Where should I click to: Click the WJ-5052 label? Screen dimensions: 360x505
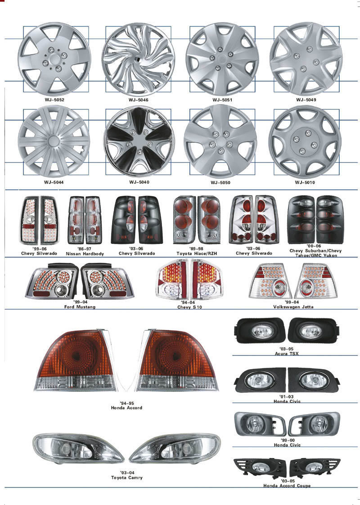coord(54,100)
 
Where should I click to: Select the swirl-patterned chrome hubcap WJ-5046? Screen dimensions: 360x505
coord(138,59)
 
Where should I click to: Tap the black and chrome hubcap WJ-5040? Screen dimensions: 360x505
coord(139,141)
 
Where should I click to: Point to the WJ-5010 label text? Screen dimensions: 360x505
coord(305,182)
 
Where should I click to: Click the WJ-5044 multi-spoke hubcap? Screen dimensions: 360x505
coord(54,141)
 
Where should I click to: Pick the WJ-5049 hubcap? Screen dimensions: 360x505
coord(306,59)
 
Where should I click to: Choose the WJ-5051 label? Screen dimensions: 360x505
coord(222,100)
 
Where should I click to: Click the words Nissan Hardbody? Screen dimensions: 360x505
coord(85,254)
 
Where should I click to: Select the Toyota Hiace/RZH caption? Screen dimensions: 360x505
coord(197,253)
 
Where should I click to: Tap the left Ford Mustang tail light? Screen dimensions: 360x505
coord(52,281)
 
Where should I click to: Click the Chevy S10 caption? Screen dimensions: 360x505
coord(189,307)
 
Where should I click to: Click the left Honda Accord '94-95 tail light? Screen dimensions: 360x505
coord(75,361)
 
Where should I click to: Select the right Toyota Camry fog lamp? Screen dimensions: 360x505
coord(175,448)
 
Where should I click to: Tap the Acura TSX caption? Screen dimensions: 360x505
coord(287,354)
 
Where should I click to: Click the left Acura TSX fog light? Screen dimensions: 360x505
coord(260,331)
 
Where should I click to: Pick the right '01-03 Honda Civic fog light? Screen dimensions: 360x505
coord(314,380)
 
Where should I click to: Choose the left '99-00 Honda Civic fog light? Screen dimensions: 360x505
coord(260,424)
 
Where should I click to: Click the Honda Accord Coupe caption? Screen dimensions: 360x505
coord(287,486)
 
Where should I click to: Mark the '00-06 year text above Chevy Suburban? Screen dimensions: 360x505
coord(314,246)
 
